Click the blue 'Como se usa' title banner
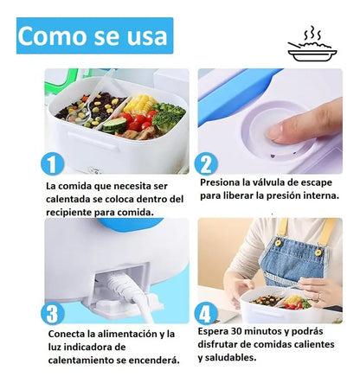coord(94,35)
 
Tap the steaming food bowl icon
coord(312,44)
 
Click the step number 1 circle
coord(52,164)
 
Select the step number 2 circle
coord(206,164)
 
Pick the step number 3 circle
coord(52,313)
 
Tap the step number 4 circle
coord(206,313)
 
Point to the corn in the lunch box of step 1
coord(139,104)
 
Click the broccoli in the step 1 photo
coord(168,115)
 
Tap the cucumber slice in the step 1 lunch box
coord(114,125)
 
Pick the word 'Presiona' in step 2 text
coord(215,182)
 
